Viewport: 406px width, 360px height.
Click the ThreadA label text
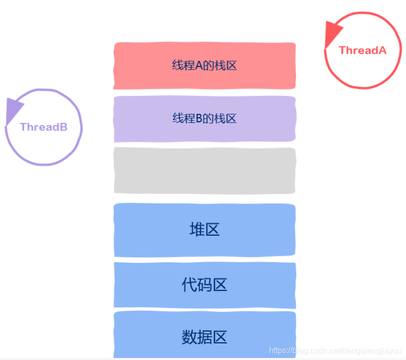pyautogui.click(x=362, y=50)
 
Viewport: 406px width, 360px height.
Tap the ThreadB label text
pyautogui.click(x=44, y=127)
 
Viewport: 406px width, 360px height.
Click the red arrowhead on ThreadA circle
pyautogui.click(x=332, y=33)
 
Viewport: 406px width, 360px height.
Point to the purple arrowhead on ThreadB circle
pyautogui.click(x=14, y=109)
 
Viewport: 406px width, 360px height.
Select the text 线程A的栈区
pyautogui.click(x=204, y=65)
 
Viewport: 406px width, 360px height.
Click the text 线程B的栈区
pyautogui.click(x=204, y=118)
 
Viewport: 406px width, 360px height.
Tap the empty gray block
pyautogui.click(x=205, y=170)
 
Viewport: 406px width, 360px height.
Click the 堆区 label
pyautogui.click(x=205, y=230)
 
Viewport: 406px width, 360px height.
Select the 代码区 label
pyautogui.click(x=205, y=285)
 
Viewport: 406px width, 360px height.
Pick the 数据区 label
pyautogui.click(x=205, y=337)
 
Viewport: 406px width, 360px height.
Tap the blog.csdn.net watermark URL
pyautogui.click(x=335, y=351)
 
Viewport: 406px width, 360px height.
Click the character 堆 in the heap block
pyautogui.click(x=196, y=230)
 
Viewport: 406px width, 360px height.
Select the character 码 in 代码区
pyautogui.click(x=205, y=285)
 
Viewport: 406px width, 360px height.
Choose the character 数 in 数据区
pyautogui.click(x=189, y=337)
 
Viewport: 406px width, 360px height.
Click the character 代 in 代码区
pyautogui.click(x=189, y=285)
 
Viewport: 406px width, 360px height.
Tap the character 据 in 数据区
pyautogui.click(x=205, y=337)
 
